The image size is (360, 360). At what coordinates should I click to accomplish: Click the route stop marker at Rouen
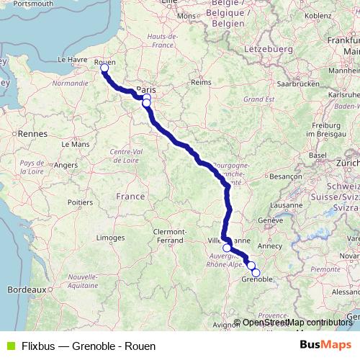click(104, 68)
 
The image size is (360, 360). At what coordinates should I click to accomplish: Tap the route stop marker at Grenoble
click(256, 272)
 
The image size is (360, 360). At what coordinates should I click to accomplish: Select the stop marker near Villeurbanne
click(227, 248)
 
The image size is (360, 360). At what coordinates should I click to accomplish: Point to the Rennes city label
click(32, 133)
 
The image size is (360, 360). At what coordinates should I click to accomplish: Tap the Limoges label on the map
click(110, 237)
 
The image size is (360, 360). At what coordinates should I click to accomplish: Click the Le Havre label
click(73, 60)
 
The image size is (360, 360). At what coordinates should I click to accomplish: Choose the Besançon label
click(286, 175)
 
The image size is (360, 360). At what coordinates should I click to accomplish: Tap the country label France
click(130, 196)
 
